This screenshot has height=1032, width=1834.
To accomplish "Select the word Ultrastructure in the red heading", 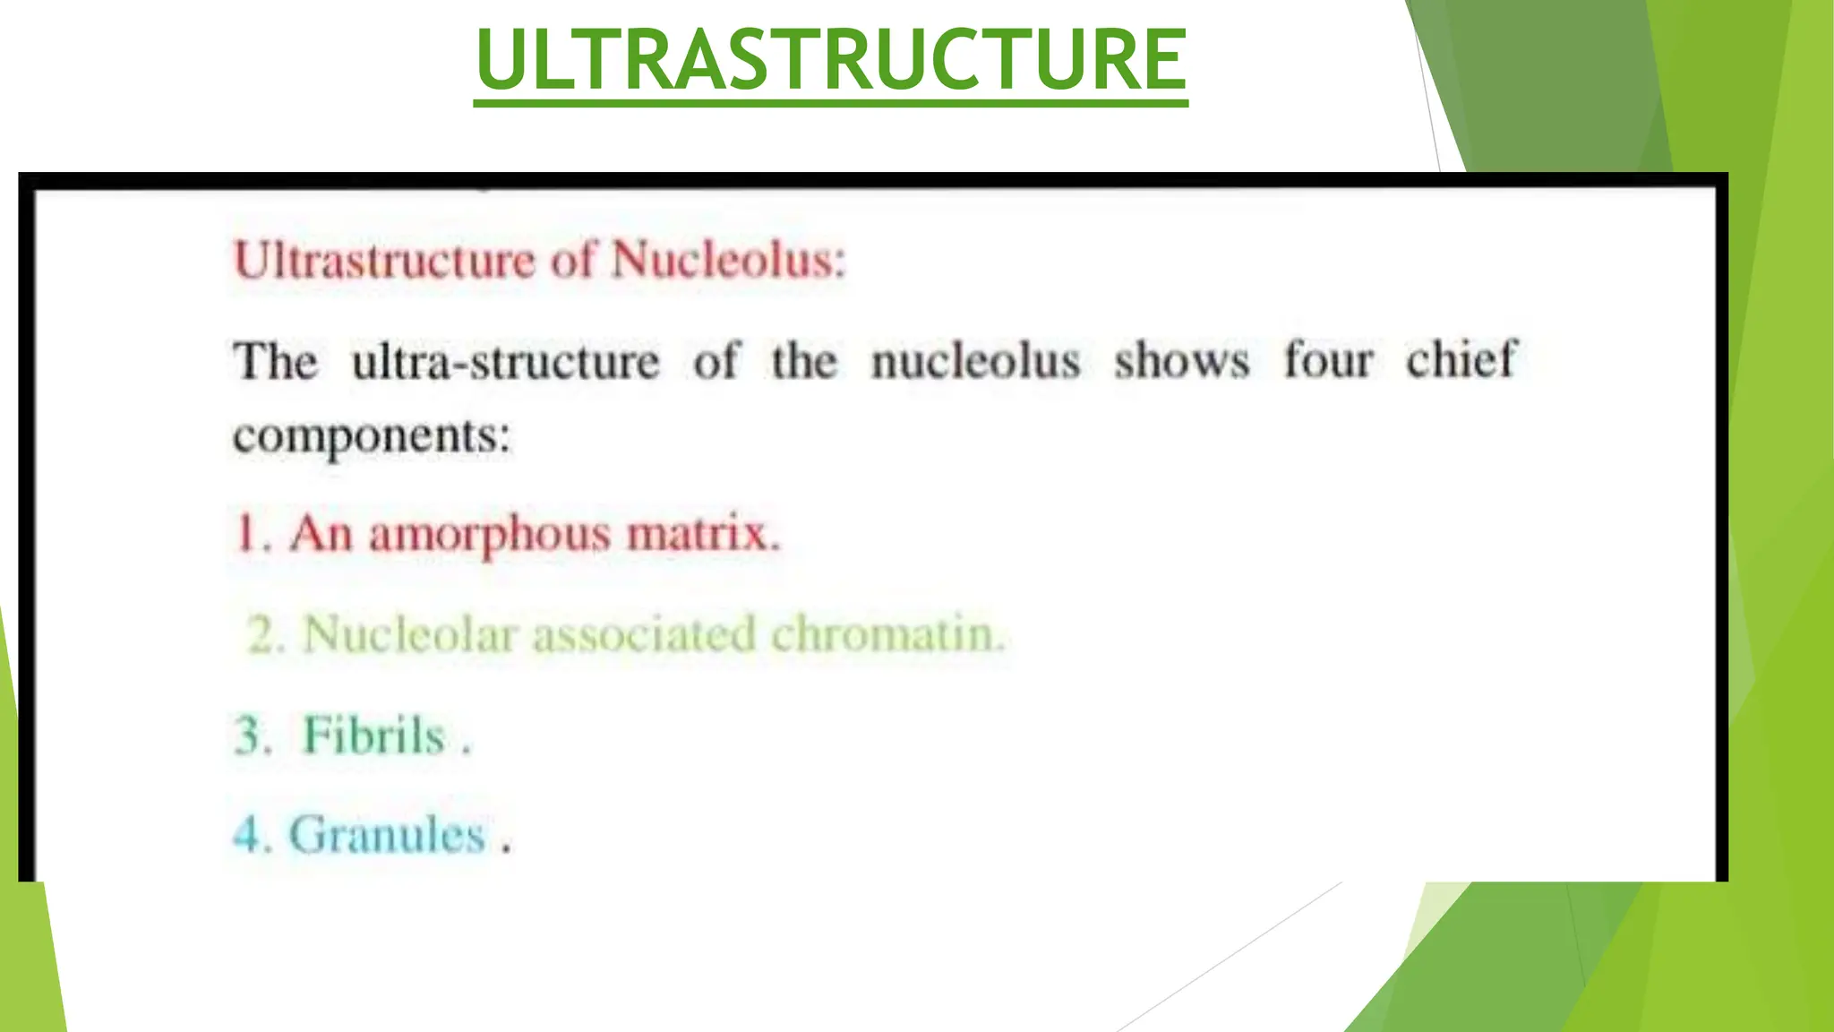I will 384,261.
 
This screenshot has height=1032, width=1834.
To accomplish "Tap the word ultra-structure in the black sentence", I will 505,362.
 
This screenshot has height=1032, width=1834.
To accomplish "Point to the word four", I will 1328,360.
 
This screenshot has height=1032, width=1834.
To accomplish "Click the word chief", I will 1461,360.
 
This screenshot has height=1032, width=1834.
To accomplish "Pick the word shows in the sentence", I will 1181,361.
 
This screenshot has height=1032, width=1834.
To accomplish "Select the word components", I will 372,437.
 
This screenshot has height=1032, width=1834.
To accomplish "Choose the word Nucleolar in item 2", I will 410,634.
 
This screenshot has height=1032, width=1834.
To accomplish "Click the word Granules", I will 386,835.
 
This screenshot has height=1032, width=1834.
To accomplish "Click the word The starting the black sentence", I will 275,362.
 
